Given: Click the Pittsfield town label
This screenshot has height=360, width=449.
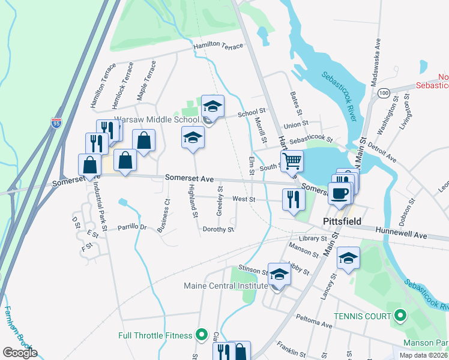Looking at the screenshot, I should tap(342, 221).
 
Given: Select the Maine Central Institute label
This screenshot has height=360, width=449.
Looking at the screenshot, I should tap(226, 286).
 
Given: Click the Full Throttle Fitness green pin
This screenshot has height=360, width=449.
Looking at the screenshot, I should tap(202, 335).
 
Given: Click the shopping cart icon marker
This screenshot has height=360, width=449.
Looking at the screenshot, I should tap(292, 161).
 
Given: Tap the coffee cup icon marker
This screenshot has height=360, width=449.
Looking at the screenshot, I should tap(340, 193).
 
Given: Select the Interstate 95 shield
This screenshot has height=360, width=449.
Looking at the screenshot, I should tap(56, 123).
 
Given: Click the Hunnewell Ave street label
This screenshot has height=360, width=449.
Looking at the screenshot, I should tap(402, 233).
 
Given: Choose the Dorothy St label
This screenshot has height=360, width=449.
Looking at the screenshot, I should tap(218, 229).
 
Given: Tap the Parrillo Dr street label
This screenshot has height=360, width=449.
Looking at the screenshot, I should tap(132, 227).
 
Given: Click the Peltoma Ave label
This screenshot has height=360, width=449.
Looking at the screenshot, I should tap(312, 321).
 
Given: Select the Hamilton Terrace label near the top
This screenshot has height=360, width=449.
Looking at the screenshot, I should tap(218, 46).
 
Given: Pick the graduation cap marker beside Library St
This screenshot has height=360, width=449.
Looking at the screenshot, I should tap(348, 258).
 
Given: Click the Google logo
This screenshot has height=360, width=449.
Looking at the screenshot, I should tap(20, 353).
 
